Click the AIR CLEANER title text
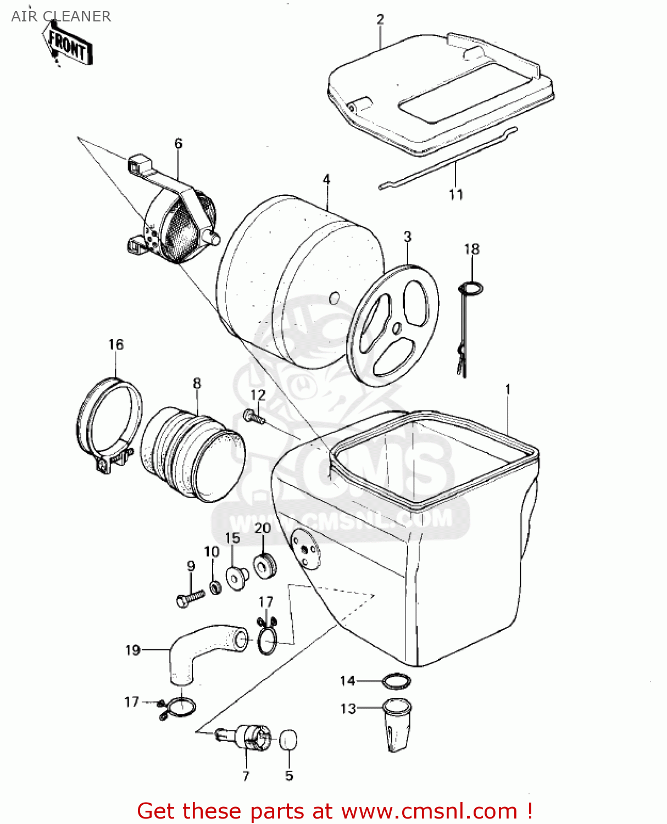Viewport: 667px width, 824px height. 61,16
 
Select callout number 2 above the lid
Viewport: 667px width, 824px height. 380,19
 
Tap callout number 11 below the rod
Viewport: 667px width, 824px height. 456,194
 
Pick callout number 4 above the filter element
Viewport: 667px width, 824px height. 326,180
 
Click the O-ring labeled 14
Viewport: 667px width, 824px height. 397,681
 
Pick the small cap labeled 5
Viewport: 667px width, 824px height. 288,740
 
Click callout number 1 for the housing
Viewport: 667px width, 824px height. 508,389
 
